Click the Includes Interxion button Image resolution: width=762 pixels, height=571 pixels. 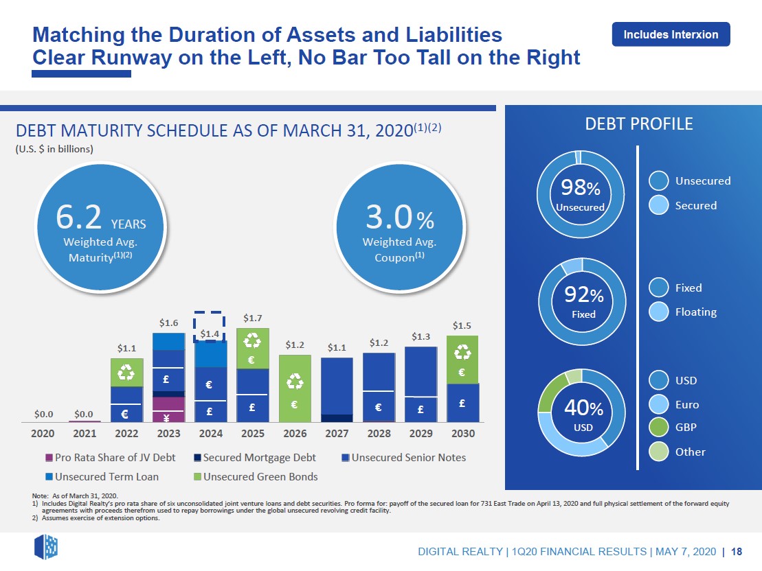point(671,34)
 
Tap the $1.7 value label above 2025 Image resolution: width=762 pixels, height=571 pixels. point(253,318)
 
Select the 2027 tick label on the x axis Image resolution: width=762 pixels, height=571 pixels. point(336,434)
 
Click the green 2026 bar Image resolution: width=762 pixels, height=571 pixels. point(295,388)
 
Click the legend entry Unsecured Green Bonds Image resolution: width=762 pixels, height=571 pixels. point(255,476)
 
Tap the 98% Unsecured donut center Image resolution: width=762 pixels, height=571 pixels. point(580,194)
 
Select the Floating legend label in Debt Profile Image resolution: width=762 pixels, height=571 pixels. point(695,312)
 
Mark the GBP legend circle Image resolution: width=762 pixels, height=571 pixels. point(659,428)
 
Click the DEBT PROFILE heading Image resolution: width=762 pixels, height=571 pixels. point(638,124)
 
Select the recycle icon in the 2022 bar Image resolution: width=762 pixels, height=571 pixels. point(127,372)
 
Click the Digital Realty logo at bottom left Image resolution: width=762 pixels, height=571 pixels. point(46,547)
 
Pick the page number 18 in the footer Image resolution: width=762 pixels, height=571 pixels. point(736,552)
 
